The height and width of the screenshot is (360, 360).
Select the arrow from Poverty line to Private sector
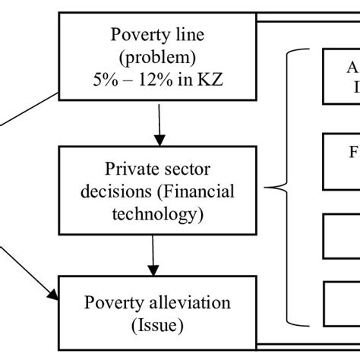tap(158, 125)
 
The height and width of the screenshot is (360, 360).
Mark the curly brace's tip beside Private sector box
tap(267, 186)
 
